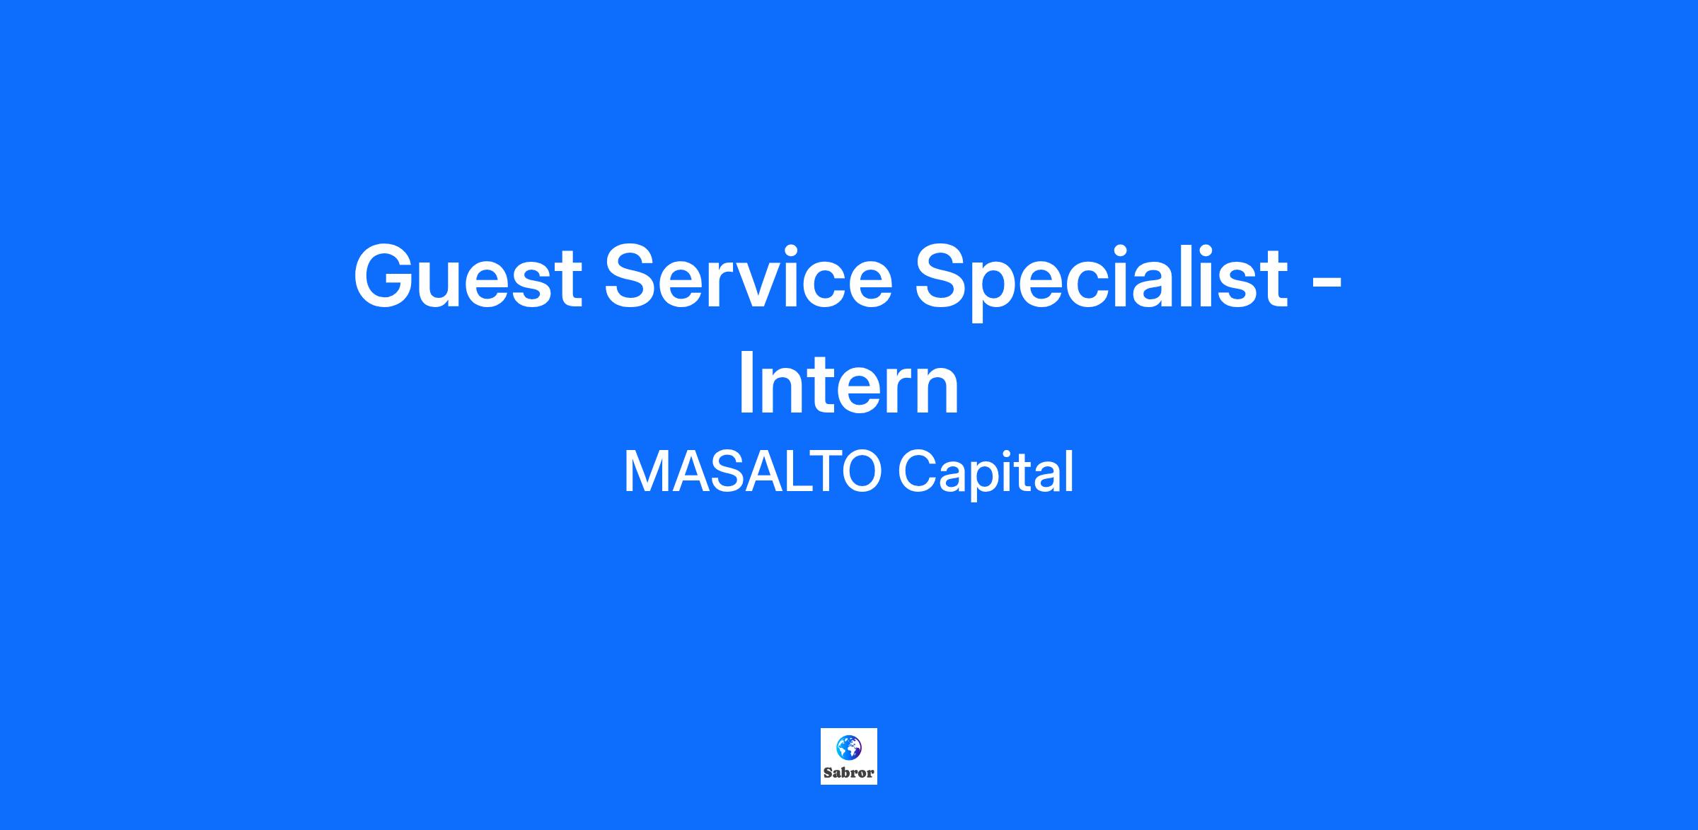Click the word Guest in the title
[x=467, y=275]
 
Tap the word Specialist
[x=1101, y=280]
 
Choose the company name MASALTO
[x=752, y=472]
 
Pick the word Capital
[x=986, y=475]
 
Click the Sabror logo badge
[x=849, y=756]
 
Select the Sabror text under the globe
[x=849, y=773]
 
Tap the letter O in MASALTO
[x=858, y=472]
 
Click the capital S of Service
[x=632, y=275]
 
